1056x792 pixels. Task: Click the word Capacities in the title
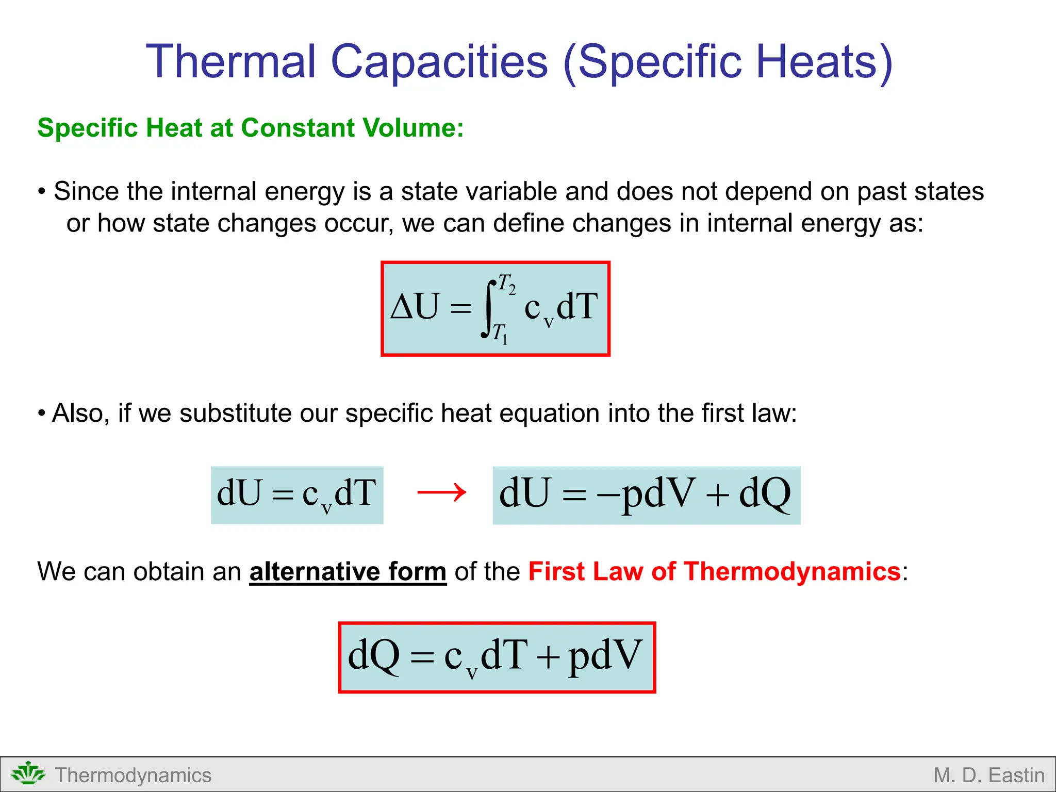(x=439, y=62)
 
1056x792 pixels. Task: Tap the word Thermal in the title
(x=230, y=62)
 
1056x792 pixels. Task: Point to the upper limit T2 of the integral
(x=506, y=284)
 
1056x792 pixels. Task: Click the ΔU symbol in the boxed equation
(x=416, y=307)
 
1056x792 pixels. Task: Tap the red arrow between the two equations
(x=441, y=492)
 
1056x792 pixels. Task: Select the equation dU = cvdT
(x=296, y=494)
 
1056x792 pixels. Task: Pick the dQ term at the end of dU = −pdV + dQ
(x=764, y=494)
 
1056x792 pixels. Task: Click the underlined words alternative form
(x=348, y=572)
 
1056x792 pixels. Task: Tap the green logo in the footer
(x=28, y=774)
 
